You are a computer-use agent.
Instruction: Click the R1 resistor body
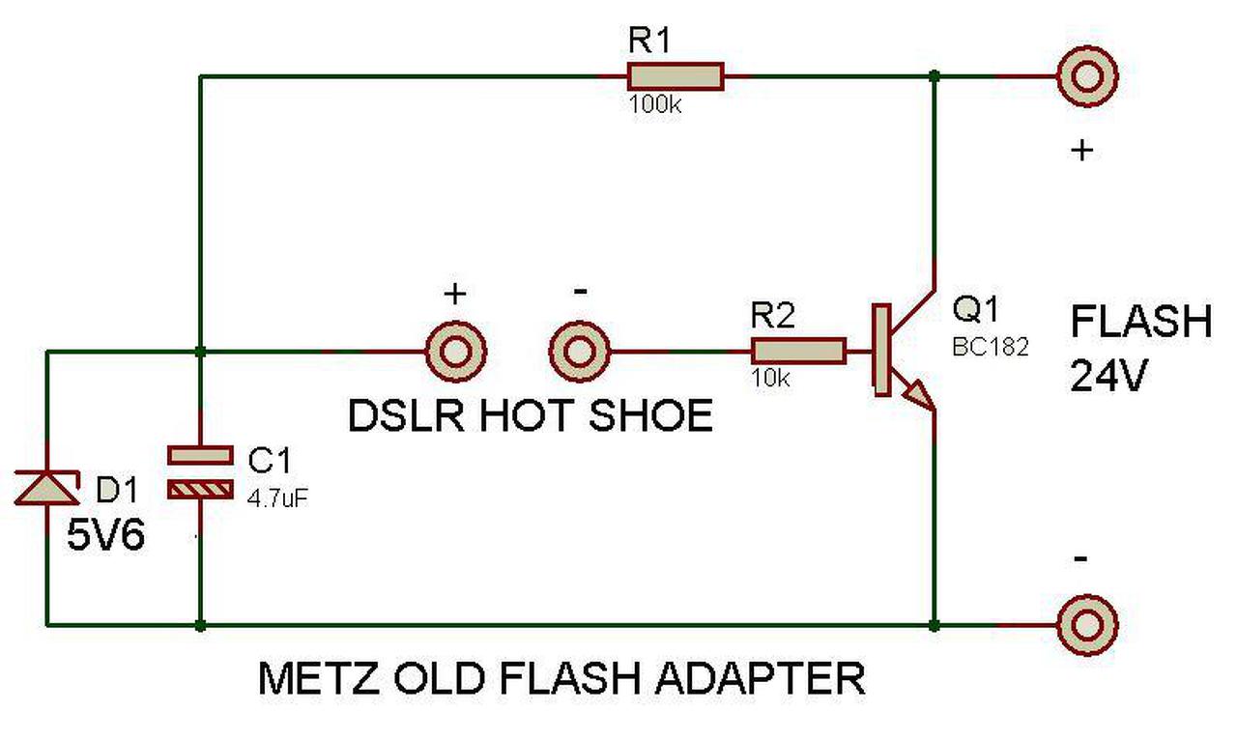click(x=676, y=76)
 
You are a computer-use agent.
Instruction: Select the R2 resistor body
click(x=798, y=351)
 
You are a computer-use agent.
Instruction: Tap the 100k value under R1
click(x=655, y=103)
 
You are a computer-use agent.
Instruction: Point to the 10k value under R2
click(x=770, y=378)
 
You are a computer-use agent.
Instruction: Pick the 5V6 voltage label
click(x=105, y=535)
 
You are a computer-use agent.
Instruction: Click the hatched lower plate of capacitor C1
click(x=200, y=489)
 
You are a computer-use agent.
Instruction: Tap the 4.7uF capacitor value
click(x=277, y=498)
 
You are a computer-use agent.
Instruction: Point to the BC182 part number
click(x=991, y=347)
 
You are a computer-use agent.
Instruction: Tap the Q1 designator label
click(x=975, y=308)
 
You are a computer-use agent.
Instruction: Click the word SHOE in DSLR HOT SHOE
click(x=650, y=415)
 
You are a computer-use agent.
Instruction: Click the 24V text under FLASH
click(x=1109, y=375)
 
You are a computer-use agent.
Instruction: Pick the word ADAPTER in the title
click(x=760, y=678)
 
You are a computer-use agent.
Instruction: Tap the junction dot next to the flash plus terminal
click(x=934, y=75)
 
